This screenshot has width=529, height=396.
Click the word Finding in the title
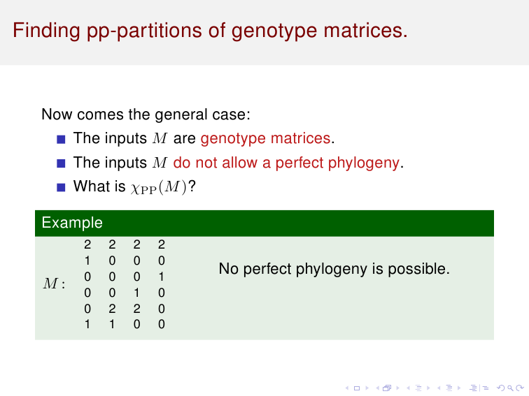(x=47, y=31)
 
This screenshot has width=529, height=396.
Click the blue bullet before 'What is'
(x=61, y=187)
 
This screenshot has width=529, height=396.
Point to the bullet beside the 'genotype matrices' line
(x=61, y=140)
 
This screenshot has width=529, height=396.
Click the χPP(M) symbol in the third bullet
(x=159, y=188)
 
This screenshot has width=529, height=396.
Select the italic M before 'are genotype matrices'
(x=160, y=138)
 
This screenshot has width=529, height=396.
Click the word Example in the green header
(x=72, y=223)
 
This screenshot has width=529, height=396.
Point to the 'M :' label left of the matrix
(x=54, y=284)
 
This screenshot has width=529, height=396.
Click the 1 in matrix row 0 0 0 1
(x=161, y=277)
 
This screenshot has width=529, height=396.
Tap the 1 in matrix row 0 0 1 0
(x=136, y=293)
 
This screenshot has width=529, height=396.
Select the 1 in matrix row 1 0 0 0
(x=87, y=261)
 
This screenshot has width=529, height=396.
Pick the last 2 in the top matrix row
(x=161, y=244)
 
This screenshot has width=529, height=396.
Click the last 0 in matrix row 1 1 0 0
(x=161, y=324)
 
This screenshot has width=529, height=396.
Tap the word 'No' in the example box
(x=229, y=269)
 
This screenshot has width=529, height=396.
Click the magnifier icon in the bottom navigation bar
(x=510, y=388)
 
